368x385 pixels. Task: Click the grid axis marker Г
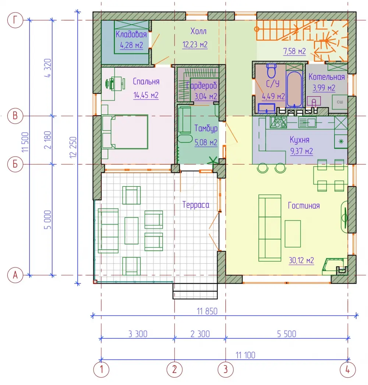click(15, 19)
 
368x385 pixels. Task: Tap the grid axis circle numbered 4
click(348, 369)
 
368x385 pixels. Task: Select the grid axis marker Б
click(15, 164)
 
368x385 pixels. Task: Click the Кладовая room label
click(131, 35)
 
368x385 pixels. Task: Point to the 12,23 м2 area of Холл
click(195, 45)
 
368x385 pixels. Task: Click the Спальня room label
click(146, 82)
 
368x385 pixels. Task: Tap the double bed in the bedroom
click(125, 132)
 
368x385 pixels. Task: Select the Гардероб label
click(201, 86)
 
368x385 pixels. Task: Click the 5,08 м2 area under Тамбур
click(206, 143)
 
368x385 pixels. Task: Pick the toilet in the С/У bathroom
click(271, 70)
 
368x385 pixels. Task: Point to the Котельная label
click(326, 77)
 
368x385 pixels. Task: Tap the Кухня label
click(300, 140)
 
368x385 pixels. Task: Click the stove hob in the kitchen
click(279, 122)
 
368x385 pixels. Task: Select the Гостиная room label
click(304, 205)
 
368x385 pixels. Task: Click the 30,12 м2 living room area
click(301, 260)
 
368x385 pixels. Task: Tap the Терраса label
click(196, 205)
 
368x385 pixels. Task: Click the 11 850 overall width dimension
click(207, 311)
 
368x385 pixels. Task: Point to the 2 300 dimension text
click(200, 334)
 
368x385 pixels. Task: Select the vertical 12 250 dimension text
click(73, 147)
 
